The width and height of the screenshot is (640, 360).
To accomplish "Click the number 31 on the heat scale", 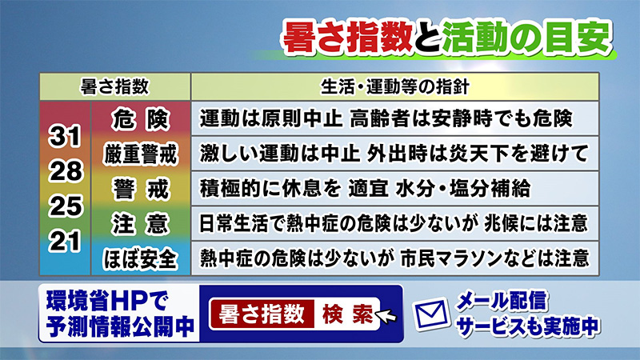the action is (x=65, y=136).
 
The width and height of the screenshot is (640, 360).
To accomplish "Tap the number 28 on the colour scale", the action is (x=66, y=171).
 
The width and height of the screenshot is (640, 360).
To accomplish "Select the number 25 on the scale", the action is (x=66, y=206).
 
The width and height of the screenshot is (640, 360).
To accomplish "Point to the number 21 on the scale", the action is (x=65, y=242).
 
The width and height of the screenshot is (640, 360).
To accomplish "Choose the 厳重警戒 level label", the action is (x=141, y=154).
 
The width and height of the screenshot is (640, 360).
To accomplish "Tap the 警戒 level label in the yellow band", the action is (x=141, y=190).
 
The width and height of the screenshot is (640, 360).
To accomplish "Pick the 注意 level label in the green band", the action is (x=141, y=224).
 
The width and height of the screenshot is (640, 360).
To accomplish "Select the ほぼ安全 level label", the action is (x=141, y=259).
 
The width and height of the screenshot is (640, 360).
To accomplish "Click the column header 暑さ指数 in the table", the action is (x=114, y=86).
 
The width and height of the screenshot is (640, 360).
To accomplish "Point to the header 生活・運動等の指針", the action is (x=394, y=86).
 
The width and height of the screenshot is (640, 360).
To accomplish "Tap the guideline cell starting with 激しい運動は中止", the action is (x=394, y=154).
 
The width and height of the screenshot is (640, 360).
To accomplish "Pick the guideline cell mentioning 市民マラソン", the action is (x=394, y=258).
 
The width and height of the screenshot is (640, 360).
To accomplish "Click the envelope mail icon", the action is (x=430, y=314).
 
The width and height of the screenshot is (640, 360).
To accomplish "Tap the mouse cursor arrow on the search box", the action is (x=385, y=316).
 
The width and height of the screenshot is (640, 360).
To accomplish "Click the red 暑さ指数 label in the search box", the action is (x=262, y=314).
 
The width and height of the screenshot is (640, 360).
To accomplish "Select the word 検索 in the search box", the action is (x=347, y=314).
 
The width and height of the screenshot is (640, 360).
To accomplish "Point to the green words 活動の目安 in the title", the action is (x=527, y=38).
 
